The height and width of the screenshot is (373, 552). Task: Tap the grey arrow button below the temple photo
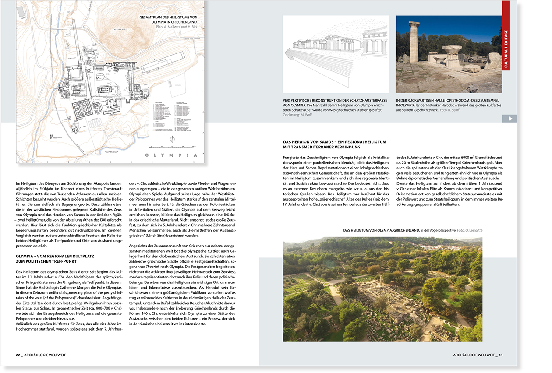point(509,119)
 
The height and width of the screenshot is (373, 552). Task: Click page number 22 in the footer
point(18,355)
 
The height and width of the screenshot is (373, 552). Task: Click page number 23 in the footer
point(500,355)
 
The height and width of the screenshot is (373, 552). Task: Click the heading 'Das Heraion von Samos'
point(334,142)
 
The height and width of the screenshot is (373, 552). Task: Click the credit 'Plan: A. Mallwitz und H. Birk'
point(176,27)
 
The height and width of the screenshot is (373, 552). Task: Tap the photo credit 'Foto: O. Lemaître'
point(469,230)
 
